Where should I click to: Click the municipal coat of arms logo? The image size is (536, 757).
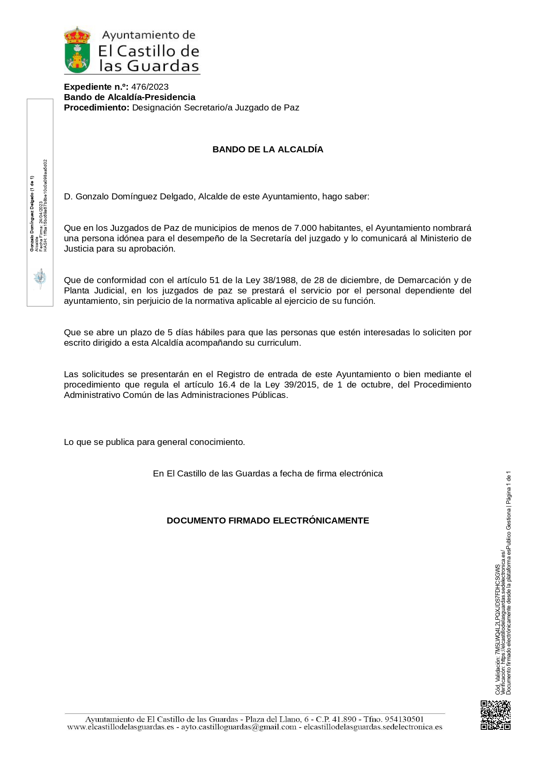(77, 50)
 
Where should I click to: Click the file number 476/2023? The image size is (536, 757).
(150, 87)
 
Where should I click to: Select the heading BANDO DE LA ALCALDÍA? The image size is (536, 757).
(268, 149)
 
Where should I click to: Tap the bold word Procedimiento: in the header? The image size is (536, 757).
(96, 107)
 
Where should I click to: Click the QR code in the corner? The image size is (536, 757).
(495, 715)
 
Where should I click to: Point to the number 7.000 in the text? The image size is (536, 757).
(305, 228)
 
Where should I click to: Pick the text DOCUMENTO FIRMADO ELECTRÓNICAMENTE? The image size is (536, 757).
(268, 520)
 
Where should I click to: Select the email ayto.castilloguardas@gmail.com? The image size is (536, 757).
(239, 727)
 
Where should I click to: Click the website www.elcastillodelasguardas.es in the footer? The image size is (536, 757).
(121, 727)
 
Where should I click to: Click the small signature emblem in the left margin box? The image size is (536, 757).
(40, 278)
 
